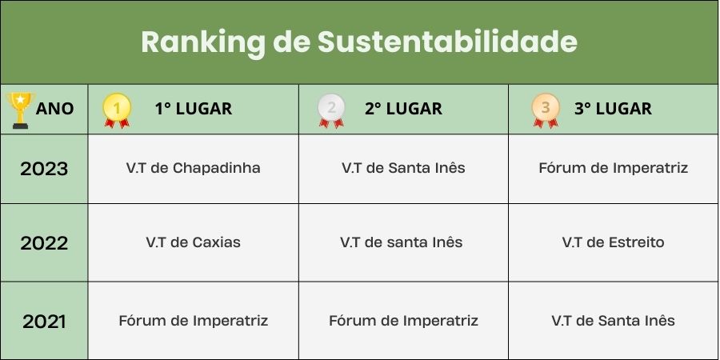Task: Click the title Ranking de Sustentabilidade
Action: tap(359, 42)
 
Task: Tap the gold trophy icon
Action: tap(20, 110)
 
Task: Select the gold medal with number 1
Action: tap(117, 110)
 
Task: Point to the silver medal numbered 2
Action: tap(331, 110)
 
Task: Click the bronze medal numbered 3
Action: tap(546, 110)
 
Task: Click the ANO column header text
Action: tap(54, 109)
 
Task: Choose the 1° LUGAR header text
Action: tap(194, 109)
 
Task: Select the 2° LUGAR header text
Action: tap(404, 109)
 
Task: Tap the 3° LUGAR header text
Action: tap(613, 109)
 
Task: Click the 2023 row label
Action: tap(44, 169)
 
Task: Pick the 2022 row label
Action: tap(44, 243)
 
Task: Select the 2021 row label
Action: tap(44, 322)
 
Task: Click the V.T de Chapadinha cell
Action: tap(194, 168)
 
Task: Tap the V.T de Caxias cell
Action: tap(194, 242)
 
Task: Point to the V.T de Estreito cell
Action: tap(613, 242)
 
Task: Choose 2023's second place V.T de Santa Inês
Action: tap(403, 168)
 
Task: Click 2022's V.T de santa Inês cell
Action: tap(402, 242)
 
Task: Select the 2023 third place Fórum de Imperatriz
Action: tap(613, 168)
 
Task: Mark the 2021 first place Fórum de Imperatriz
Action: tap(194, 321)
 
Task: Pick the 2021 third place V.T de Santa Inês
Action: tap(613, 321)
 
